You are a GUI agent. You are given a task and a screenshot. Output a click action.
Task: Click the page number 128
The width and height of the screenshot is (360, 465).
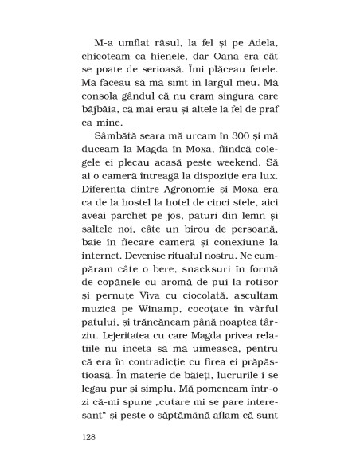coord(90,437)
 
